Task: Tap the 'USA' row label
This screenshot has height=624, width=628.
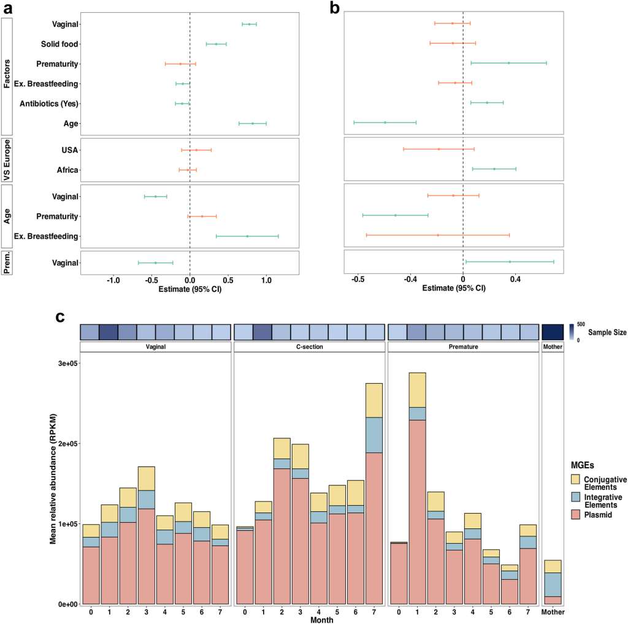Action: tap(70, 150)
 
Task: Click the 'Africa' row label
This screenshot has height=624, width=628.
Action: tap(67, 170)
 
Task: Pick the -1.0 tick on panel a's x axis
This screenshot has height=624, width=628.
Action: tap(113, 280)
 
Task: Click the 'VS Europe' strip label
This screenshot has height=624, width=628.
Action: tap(7, 159)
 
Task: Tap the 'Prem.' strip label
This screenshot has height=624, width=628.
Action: tap(7, 262)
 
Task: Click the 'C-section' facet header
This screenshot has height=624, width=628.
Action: tap(308, 347)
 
